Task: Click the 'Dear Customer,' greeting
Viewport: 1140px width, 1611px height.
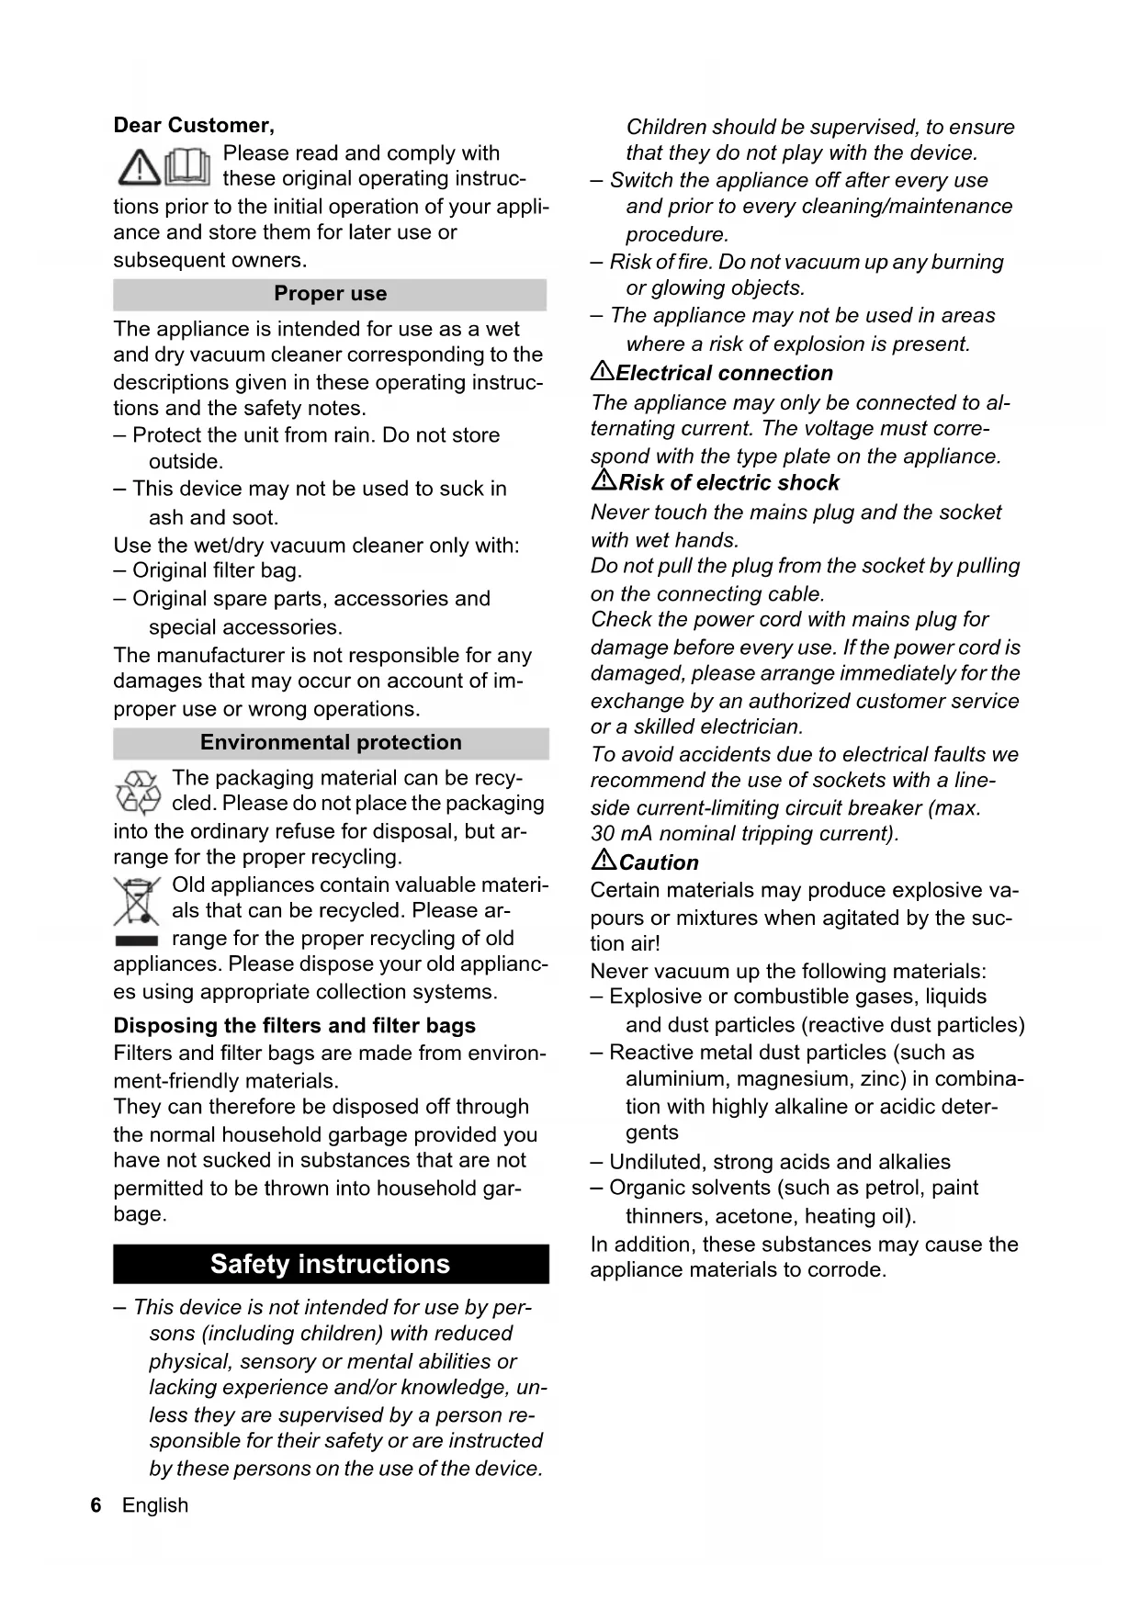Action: [x=193, y=125]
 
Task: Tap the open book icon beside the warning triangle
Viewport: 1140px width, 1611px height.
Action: [x=188, y=166]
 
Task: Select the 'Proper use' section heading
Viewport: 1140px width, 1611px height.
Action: [x=330, y=294]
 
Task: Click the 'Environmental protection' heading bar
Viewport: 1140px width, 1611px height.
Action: [x=331, y=742]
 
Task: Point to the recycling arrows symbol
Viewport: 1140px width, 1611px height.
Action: [x=138, y=792]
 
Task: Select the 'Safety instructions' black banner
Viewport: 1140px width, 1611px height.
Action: [x=331, y=1264]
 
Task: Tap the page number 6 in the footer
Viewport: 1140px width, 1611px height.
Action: [x=96, y=1505]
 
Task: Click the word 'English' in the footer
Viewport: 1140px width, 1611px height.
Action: [x=155, y=1505]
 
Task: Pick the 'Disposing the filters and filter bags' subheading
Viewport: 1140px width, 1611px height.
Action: [x=294, y=1026]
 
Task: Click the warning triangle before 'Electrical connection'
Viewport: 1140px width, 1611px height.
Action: [x=603, y=371]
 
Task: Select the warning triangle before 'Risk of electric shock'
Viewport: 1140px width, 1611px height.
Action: [x=604, y=480]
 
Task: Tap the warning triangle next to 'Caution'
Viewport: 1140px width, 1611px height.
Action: [x=604, y=860]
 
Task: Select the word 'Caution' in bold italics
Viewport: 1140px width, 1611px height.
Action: [x=659, y=862]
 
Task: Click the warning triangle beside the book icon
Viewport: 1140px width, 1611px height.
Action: [x=139, y=167]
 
